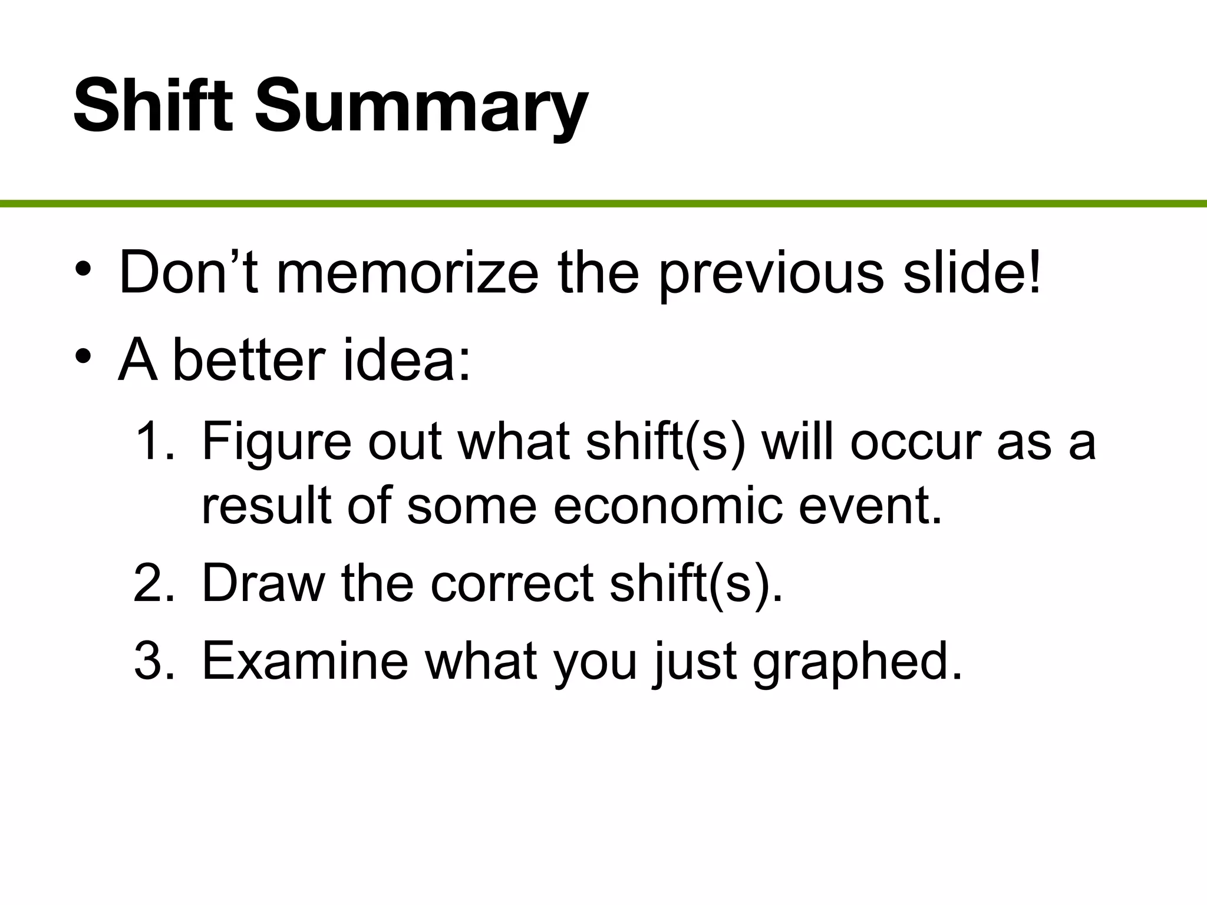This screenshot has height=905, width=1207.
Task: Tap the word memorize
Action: click(x=407, y=273)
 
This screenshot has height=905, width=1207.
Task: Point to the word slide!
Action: click(x=972, y=272)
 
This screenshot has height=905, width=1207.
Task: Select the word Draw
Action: click(x=263, y=583)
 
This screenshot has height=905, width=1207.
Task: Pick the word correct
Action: click(x=512, y=584)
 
